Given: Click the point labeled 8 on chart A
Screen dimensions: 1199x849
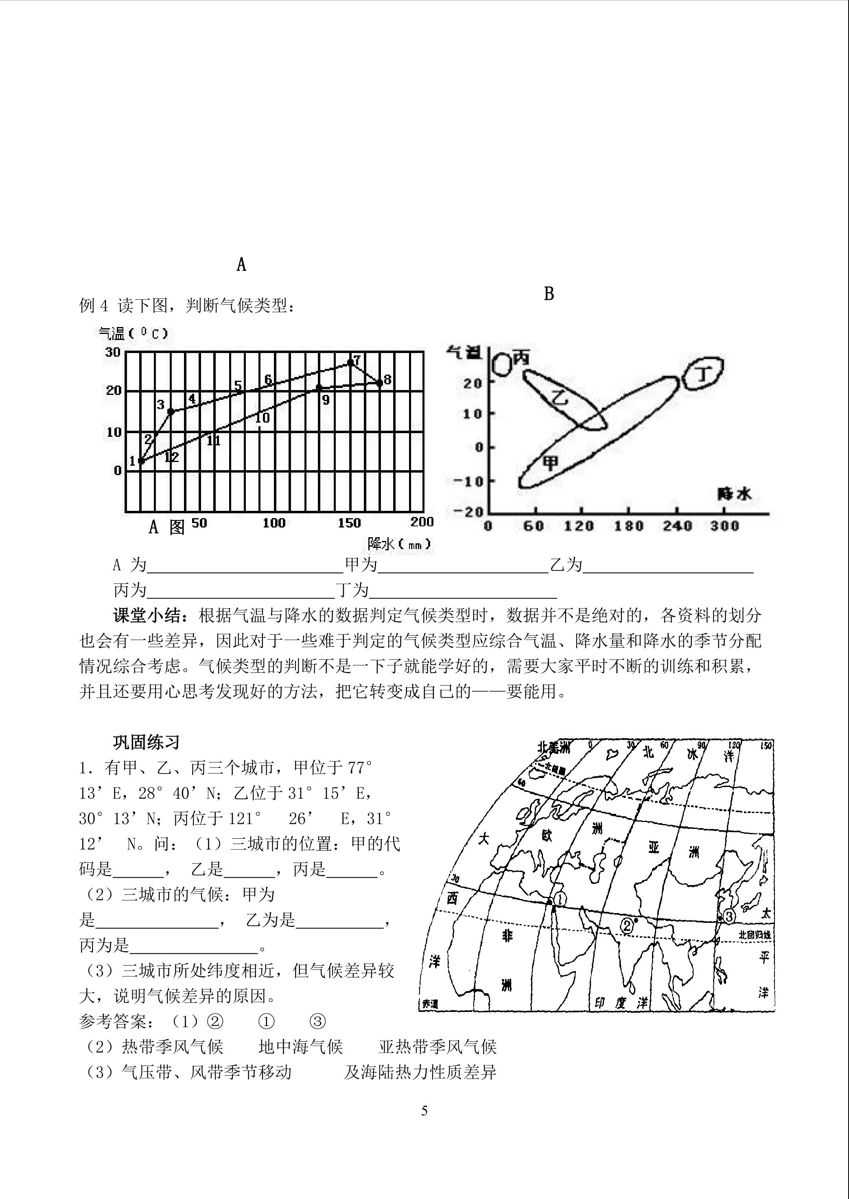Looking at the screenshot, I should point(380,383).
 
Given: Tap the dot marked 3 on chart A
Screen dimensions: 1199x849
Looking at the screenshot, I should point(171,412).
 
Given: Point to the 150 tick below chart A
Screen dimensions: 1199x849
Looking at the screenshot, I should point(349,523).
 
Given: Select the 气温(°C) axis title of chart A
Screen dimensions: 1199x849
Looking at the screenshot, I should point(133,334).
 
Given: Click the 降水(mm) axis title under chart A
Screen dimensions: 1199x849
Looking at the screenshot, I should point(399,544).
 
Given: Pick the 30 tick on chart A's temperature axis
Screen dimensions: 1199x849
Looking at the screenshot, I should point(112,352).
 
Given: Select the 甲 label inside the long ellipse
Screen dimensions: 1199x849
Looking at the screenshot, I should point(550,462).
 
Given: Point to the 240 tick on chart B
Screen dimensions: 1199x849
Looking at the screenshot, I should point(678,525).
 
